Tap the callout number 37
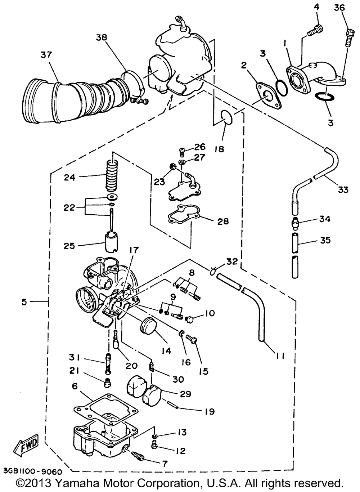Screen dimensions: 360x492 coord(46,55)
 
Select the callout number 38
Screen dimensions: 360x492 coord(102,38)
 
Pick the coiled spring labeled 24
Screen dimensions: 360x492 coord(112,176)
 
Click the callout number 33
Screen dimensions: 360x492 coord(343,189)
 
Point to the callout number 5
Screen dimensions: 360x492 coord(24,302)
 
